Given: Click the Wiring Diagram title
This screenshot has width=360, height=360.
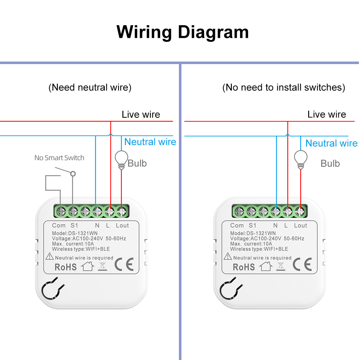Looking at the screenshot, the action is tap(183, 32).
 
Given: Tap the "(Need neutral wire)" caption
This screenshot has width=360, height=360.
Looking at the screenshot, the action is tap(90, 87).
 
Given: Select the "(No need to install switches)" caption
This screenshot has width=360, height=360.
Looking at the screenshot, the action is tap(284, 87).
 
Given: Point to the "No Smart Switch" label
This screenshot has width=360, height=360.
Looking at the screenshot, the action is tap(59, 158).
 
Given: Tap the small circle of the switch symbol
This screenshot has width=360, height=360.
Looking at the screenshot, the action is tap(73, 174).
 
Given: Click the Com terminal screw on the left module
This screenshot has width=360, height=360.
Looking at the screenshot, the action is tap(61, 211).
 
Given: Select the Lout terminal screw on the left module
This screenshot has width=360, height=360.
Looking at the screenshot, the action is tap(121, 211).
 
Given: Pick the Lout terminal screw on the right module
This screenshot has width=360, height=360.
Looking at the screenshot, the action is tap(300, 211).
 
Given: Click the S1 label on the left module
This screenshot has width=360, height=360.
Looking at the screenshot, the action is tap(74, 225).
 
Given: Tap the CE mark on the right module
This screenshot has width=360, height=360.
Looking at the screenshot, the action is tap(302, 264).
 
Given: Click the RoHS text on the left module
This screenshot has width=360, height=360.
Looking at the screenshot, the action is tap(66, 267).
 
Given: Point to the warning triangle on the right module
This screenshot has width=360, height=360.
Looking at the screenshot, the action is tap(228, 256).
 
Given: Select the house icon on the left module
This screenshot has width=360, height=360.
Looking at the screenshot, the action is tap(87, 266).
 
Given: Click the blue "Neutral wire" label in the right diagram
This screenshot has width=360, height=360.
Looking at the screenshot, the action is tap(331, 143).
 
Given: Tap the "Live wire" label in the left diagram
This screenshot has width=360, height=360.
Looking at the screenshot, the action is tap(141, 114).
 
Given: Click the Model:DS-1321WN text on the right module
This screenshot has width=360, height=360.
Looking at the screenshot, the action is tap(253, 233).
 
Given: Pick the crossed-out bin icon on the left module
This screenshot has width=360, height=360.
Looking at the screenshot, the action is tap(102, 266).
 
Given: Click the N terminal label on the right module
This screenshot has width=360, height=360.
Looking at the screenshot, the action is tap(275, 225).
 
